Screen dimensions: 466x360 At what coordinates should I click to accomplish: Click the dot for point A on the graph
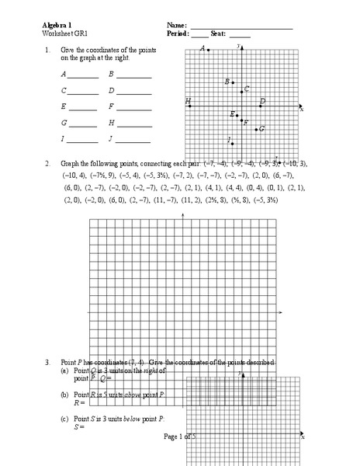[208, 50]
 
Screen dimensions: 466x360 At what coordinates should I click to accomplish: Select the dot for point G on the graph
[257, 129]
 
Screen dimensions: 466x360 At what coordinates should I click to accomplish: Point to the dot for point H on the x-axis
[189, 105]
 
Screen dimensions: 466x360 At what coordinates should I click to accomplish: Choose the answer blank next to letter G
[84, 126]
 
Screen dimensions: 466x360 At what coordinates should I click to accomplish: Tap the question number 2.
[47, 164]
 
